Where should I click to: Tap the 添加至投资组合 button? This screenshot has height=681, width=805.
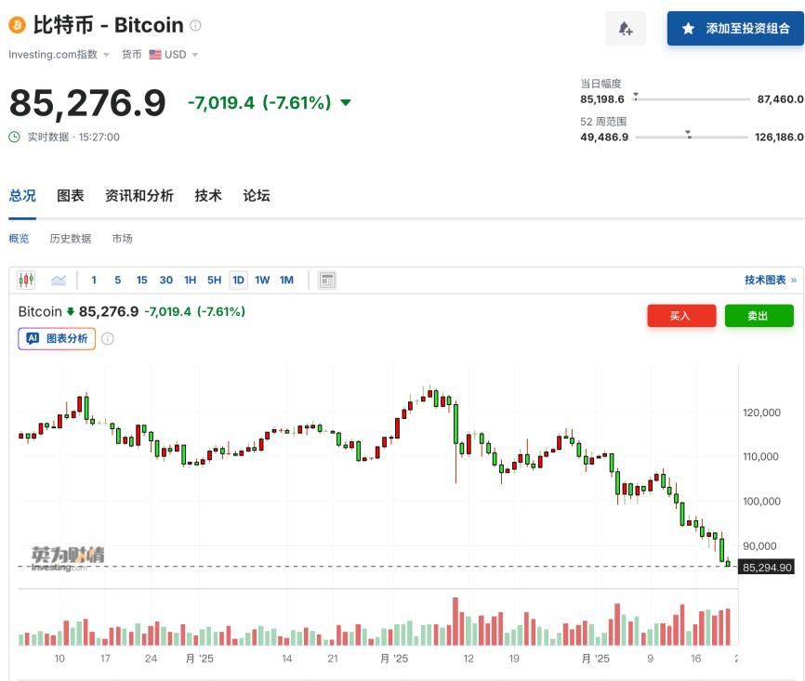point(735,29)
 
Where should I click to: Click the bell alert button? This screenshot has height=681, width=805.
point(626,29)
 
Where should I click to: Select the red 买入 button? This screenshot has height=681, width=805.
point(681,316)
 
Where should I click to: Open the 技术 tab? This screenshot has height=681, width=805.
point(208,195)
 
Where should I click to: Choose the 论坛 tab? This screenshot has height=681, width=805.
point(257,195)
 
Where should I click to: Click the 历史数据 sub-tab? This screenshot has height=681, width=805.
point(71,239)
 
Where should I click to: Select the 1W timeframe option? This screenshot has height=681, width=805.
point(262,280)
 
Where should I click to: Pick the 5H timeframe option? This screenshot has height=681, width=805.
point(214,280)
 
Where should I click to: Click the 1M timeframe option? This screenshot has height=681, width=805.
point(286,280)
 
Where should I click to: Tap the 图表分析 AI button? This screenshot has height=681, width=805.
point(57,339)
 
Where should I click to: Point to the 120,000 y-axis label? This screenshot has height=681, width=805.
point(761,413)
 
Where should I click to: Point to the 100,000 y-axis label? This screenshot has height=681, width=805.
point(761,502)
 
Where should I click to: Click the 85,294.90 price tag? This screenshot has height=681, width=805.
point(767,567)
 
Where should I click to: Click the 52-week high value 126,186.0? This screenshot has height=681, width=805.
point(779,137)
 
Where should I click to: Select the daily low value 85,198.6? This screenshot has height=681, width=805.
point(602,98)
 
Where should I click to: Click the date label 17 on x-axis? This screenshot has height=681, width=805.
point(105,659)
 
